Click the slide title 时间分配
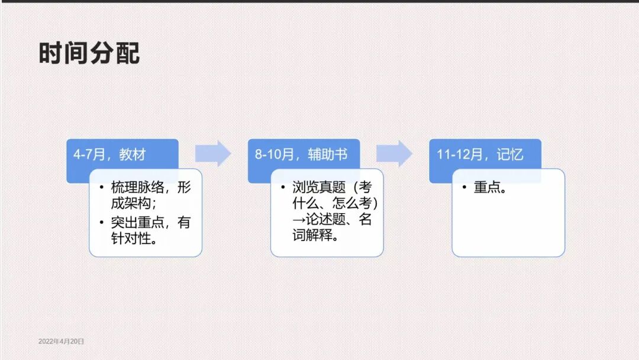[89, 53]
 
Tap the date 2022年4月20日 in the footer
[62, 342]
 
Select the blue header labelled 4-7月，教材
[122, 155]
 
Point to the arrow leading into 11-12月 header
[395, 154]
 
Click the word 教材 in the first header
[132, 155]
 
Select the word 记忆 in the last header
[510, 155]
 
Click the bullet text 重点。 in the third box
[490, 188]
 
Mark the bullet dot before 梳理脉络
[102, 188]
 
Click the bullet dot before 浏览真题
[283, 188]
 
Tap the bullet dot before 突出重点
[102, 223]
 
